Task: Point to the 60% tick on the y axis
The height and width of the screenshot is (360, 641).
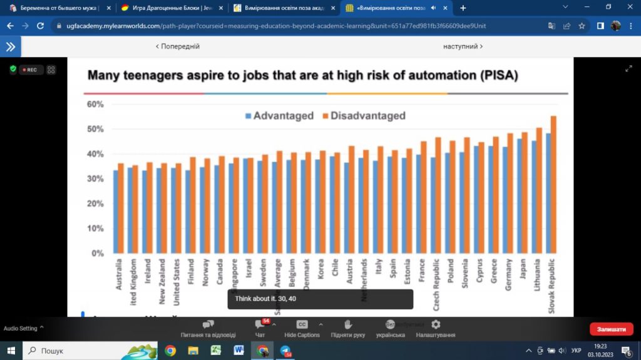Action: pos(95,104)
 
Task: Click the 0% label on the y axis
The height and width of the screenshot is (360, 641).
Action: pos(97,254)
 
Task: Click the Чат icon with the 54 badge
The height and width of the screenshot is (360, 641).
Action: pos(260,324)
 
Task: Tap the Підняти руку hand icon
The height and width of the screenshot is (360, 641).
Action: pos(348,324)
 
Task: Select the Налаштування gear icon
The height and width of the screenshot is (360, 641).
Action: pos(436,324)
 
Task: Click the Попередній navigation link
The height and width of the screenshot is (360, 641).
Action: pos(178,46)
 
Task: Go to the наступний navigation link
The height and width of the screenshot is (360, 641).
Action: pos(463,46)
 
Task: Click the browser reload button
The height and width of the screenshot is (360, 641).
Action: pos(41,26)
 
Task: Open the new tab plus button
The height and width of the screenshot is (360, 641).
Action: pos(463,8)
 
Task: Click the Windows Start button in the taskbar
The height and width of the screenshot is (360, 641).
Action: pos(11,351)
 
